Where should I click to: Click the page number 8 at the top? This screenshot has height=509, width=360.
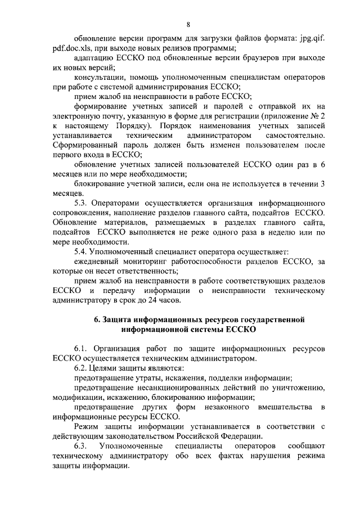(188, 24)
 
